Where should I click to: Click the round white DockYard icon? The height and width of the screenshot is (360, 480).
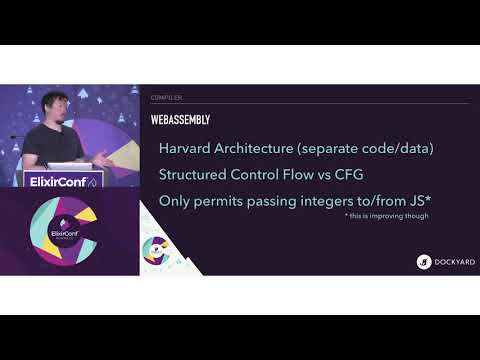click(x=424, y=262)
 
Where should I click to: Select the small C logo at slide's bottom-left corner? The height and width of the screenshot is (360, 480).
click(x=156, y=250)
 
